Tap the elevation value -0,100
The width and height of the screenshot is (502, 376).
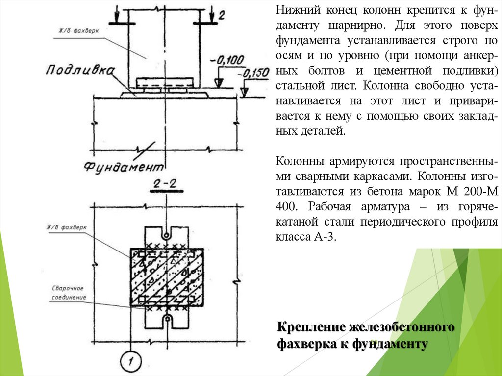(x=227, y=60)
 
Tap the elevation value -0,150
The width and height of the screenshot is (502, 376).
(x=253, y=73)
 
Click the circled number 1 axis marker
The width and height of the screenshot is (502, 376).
(x=130, y=362)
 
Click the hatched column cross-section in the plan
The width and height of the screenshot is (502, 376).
(x=167, y=277)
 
